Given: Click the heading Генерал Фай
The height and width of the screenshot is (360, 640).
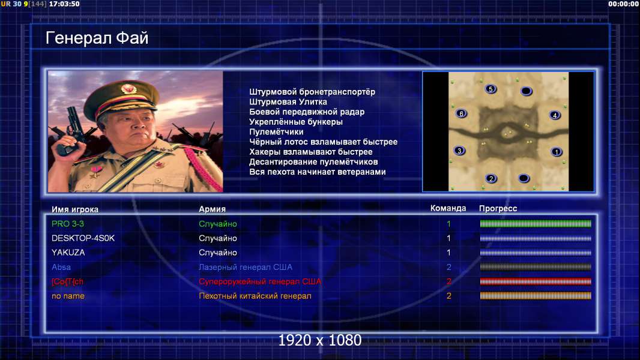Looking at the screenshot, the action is tap(97, 38).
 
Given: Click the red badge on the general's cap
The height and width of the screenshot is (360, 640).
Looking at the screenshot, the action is tap(128, 88).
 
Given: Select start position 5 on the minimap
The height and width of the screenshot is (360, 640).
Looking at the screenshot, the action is tap(491, 89).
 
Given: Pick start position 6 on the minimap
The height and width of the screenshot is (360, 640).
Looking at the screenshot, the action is tap(461, 114).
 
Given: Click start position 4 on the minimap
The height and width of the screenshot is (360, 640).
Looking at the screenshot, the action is tap(555, 115).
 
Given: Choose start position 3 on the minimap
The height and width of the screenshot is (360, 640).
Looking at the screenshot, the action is tap(459, 151).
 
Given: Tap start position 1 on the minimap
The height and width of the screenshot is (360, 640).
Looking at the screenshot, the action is tap(557, 152).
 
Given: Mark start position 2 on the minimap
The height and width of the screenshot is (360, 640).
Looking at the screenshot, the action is tap(491, 179).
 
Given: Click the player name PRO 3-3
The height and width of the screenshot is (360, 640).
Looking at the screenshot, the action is tap(68, 224).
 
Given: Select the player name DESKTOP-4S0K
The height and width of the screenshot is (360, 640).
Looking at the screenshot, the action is tap(83, 238).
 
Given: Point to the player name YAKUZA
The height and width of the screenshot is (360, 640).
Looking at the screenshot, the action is tap(68, 253).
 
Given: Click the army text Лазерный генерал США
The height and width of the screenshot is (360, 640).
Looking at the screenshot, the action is tap(246, 267).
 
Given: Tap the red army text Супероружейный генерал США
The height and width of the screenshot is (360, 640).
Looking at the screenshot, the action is tap(260, 281).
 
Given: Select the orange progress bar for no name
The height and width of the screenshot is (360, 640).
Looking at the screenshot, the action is tap(536, 296).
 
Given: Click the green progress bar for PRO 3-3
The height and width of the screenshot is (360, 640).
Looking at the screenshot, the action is tap(536, 223).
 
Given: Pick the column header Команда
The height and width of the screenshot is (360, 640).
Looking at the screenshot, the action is tap(448, 208).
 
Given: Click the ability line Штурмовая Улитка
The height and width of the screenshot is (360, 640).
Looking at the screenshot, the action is tap(288, 102).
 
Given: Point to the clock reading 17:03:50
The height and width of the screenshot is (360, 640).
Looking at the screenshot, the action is tap(64, 4).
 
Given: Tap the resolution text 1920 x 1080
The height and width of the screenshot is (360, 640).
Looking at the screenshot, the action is tap(320, 340).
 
